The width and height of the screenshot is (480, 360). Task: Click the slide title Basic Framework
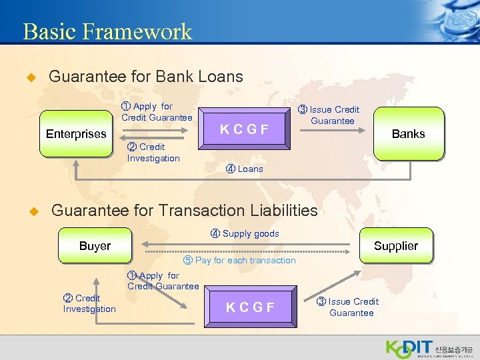[x=107, y=31]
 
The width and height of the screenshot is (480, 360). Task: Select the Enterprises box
[x=76, y=134]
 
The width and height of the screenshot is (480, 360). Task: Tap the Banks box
[x=408, y=134]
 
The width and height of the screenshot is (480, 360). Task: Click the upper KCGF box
[x=244, y=129]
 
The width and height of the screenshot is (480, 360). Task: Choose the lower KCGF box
[x=250, y=307]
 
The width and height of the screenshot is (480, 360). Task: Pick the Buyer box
[x=95, y=246]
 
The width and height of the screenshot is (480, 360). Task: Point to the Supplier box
[x=395, y=246]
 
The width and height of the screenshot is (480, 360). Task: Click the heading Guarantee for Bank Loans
[x=146, y=77]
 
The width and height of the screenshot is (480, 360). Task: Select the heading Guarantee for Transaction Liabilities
[x=184, y=211]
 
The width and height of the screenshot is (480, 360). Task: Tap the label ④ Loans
[x=245, y=169]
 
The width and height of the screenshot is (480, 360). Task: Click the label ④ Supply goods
[x=245, y=233]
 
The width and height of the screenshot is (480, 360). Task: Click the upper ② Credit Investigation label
[x=153, y=152]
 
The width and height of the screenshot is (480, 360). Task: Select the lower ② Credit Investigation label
[x=89, y=303]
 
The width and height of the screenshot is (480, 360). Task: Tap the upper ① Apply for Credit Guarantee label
[x=156, y=111]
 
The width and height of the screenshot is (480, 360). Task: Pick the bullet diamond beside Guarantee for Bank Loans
[x=29, y=77]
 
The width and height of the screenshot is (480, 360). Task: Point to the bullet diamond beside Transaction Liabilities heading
[x=29, y=211]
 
